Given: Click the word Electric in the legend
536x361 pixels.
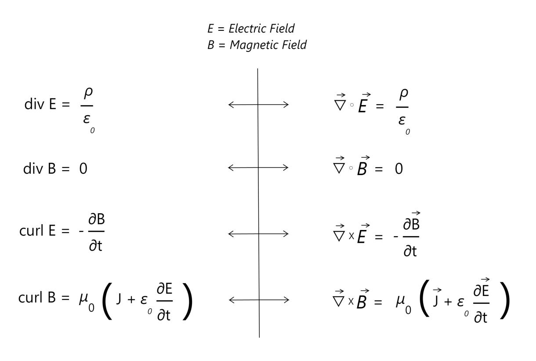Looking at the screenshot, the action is pyautogui.click(x=249, y=29).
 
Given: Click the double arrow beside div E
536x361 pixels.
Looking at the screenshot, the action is pyautogui.click(x=258, y=105).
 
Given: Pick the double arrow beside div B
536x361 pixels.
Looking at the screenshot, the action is pyautogui.click(x=258, y=168).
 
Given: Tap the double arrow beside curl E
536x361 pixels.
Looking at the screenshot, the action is pyautogui.click(x=258, y=234).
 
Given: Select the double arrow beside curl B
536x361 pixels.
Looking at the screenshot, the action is pyautogui.click(x=258, y=300).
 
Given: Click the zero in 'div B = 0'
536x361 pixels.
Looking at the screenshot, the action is pyautogui.click(x=83, y=169).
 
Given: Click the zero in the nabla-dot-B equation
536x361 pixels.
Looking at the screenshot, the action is pyautogui.click(x=398, y=169).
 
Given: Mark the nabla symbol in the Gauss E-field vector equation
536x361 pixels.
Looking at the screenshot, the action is pyautogui.click(x=340, y=106).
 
